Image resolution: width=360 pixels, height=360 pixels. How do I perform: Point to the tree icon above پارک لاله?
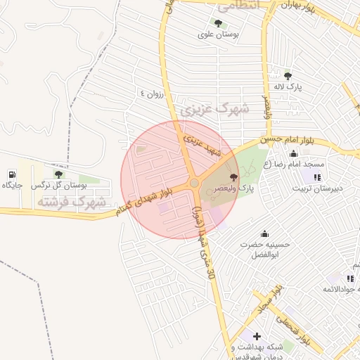click(x=287, y=75)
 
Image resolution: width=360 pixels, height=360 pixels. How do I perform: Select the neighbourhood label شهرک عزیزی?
click(x=215, y=109)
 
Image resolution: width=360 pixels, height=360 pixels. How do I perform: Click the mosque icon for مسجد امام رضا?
click(x=293, y=153)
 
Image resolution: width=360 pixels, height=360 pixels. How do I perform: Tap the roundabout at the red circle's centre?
click(x=193, y=184)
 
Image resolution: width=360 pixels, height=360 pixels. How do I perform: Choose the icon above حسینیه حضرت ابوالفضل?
click(x=264, y=233)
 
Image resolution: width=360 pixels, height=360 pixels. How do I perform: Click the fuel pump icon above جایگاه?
click(x=13, y=174)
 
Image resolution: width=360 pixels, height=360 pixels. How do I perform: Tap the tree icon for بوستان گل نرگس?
click(x=58, y=174)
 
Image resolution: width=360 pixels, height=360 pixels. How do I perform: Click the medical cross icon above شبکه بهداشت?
click(x=257, y=336)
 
